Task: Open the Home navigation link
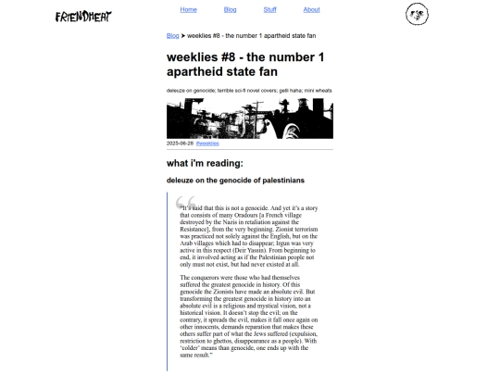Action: click(189, 9)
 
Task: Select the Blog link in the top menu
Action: click(231, 9)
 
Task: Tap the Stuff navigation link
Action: click(269, 9)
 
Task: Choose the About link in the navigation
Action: click(311, 9)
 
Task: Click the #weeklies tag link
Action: click(207, 144)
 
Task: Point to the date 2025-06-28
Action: click(180, 144)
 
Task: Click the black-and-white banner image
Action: click(249, 119)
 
